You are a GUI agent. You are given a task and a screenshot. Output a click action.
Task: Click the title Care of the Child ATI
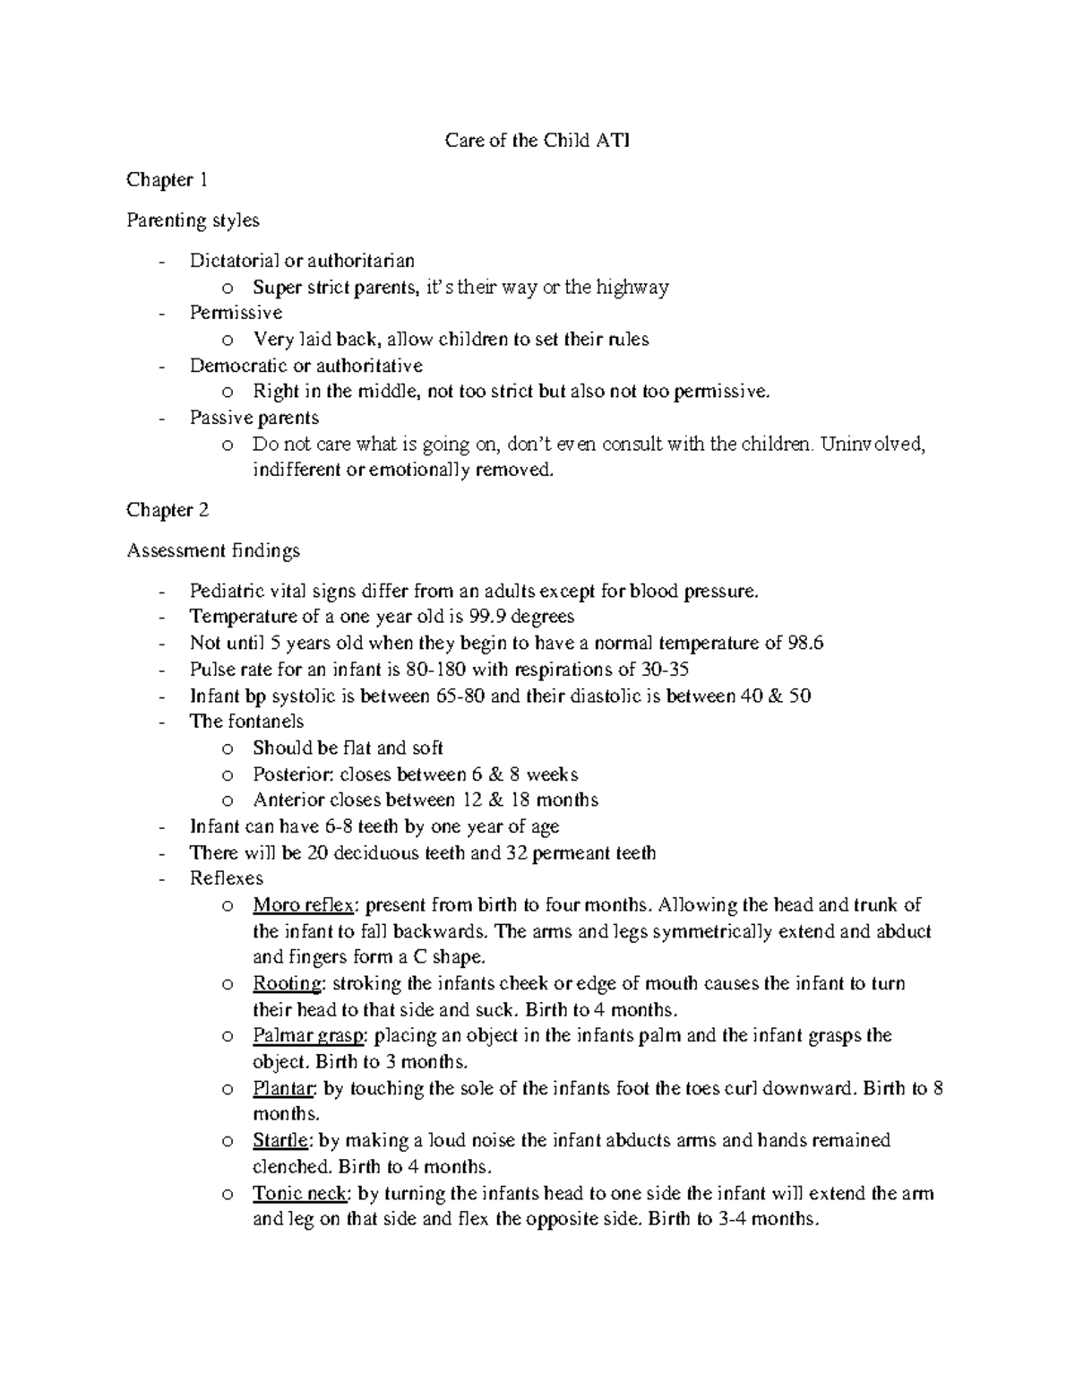tap(537, 141)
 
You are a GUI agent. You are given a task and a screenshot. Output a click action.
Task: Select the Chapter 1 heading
tap(167, 180)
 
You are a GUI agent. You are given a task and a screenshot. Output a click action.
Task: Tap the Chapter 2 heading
tap(168, 510)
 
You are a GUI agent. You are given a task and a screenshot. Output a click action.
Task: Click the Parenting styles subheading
tap(193, 220)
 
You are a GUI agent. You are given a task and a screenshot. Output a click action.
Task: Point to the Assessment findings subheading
tap(213, 550)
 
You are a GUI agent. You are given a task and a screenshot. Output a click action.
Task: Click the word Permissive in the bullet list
tap(236, 313)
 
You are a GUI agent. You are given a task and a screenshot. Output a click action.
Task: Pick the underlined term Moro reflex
tap(303, 904)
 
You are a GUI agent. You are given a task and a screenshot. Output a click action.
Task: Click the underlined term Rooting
tap(287, 983)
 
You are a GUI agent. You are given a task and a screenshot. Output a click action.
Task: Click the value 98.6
tap(804, 643)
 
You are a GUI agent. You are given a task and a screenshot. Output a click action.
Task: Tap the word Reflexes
tap(227, 878)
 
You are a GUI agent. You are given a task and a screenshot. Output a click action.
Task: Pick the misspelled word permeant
tap(569, 853)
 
